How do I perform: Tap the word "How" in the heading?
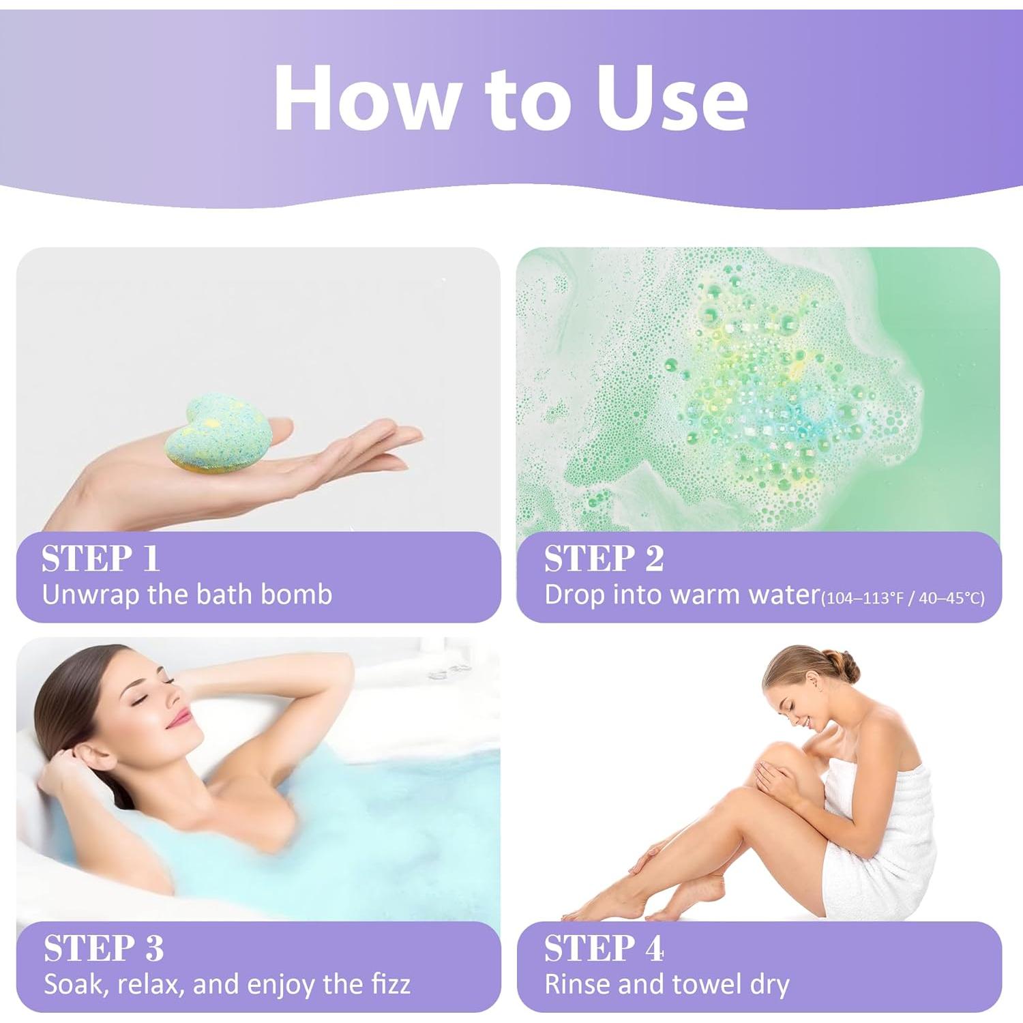[x=366, y=97]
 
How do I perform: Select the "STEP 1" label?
[x=100, y=559]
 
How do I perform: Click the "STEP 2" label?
[x=604, y=559]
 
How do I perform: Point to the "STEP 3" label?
[x=104, y=949]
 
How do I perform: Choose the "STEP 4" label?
[x=604, y=949]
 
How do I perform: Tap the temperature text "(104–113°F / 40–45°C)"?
[x=902, y=598]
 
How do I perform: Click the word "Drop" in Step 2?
[x=574, y=595]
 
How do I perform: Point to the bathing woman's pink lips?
[x=179, y=717]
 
